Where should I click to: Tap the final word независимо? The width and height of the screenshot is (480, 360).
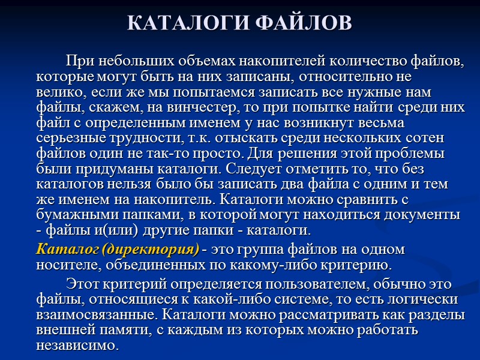click(78, 346)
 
